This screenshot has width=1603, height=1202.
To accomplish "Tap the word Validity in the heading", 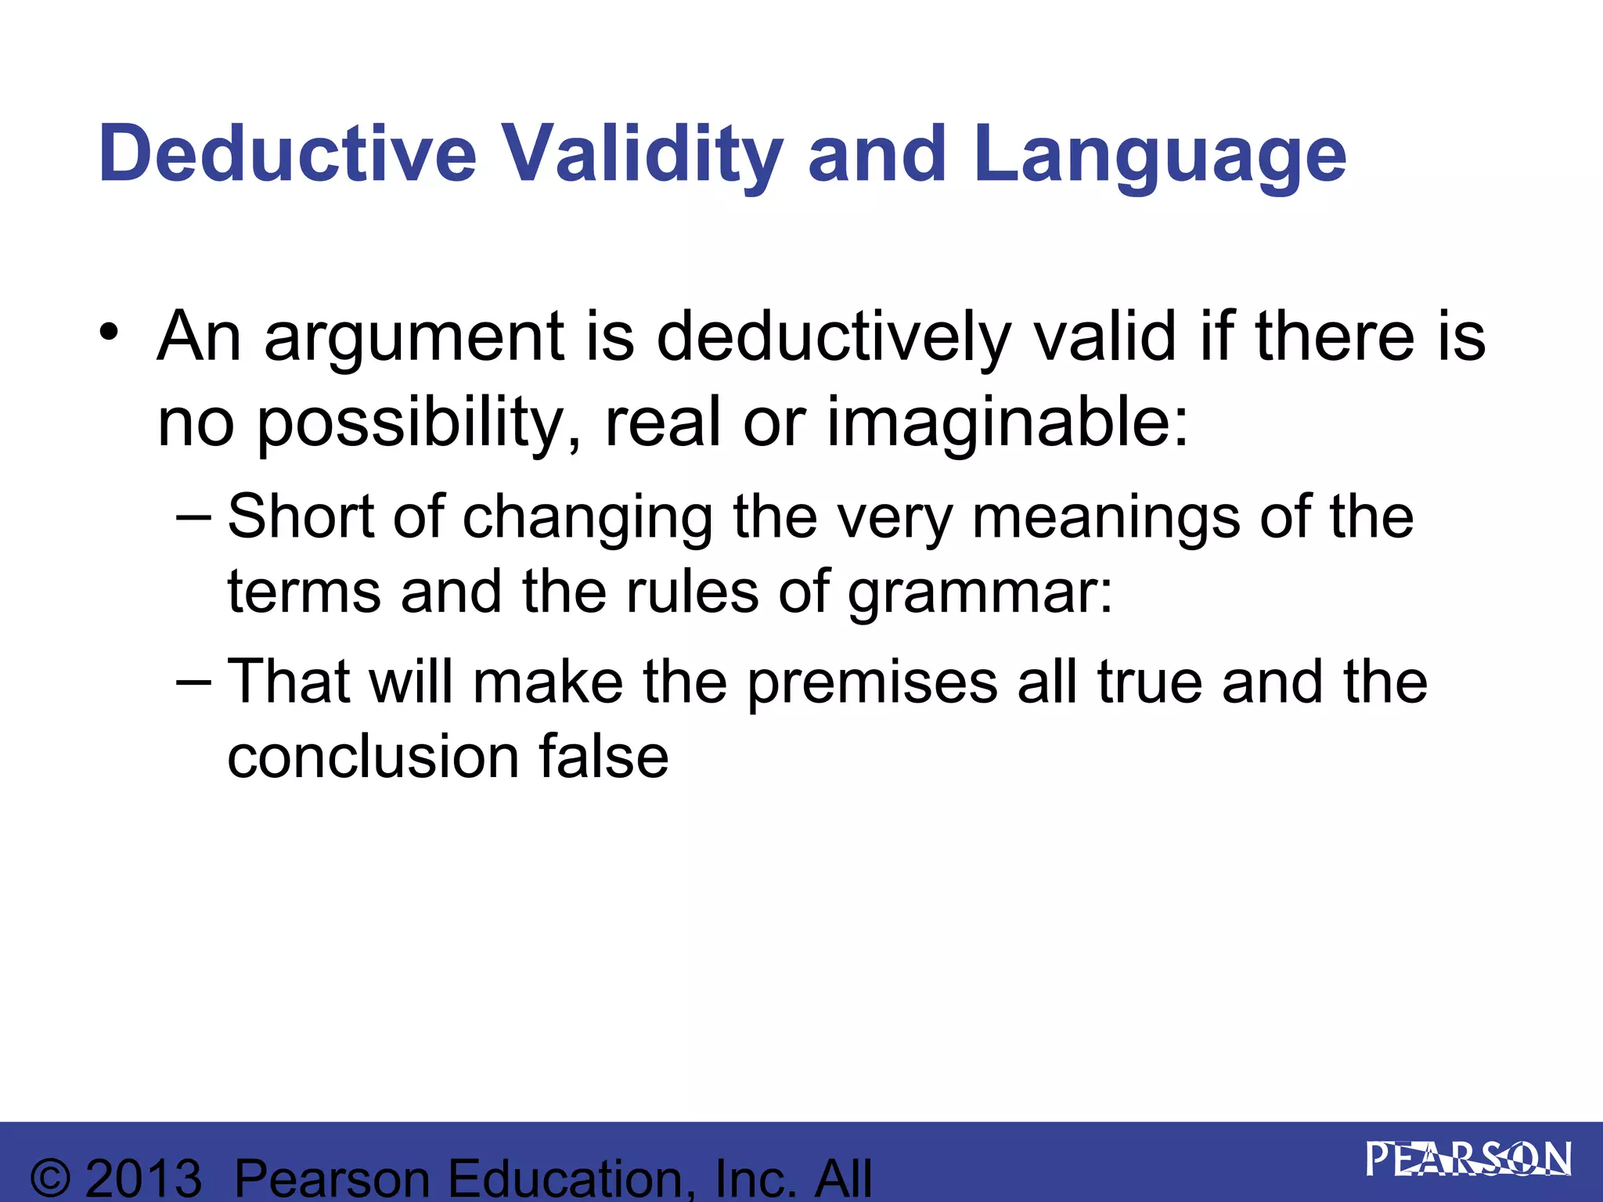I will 641,155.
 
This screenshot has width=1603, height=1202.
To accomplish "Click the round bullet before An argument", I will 109,333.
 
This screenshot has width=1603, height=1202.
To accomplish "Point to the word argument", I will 414,338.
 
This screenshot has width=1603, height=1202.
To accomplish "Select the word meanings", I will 1105,518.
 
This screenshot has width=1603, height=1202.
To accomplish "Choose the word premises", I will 872,683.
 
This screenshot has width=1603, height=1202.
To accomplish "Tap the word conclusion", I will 373,757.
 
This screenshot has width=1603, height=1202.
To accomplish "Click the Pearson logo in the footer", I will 1468,1159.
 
